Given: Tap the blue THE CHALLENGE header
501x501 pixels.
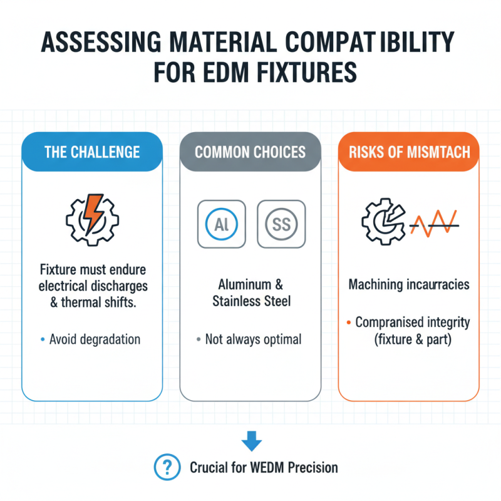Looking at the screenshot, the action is click(92, 152).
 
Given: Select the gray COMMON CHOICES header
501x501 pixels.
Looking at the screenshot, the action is click(250, 152).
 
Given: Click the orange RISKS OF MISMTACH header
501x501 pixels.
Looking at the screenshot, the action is click(409, 152).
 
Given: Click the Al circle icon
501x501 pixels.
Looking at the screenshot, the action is click(222, 224).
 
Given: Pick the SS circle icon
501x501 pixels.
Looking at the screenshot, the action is click(281, 224).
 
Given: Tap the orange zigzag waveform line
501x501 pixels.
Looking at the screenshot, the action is click(434, 224).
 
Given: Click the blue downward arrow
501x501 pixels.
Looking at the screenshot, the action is click(252, 441).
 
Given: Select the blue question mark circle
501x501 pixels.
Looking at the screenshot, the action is click(167, 467).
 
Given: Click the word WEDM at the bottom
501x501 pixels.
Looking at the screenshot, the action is click(267, 468).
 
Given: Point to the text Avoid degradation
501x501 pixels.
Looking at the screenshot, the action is click(95, 339).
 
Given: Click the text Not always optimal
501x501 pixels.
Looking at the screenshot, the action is click(253, 339).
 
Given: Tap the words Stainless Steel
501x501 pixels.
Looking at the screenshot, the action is click(252, 301).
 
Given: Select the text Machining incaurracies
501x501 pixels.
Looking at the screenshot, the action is click(409, 284).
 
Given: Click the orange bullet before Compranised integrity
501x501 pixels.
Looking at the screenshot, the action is click(349, 323).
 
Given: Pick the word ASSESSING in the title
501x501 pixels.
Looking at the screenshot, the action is click(101, 42).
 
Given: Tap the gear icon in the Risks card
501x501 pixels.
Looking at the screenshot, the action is click(383, 222).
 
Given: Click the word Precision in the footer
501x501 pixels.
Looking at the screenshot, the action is click(312, 468).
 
